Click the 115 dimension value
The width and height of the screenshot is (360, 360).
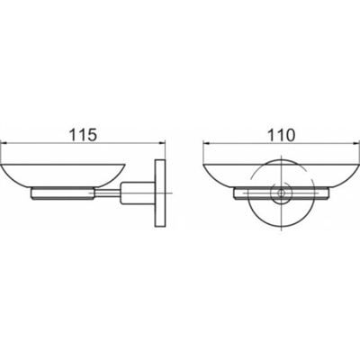coord(84,135)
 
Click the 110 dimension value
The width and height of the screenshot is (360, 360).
coord(281,135)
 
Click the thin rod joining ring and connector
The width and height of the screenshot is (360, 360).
coord(107,193)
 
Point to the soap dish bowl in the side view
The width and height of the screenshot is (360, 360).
coord(62,175)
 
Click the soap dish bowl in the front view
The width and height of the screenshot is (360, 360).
coord(282,175)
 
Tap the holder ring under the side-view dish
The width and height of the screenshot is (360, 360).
coord(63,193)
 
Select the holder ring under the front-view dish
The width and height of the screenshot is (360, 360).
coord(282,193)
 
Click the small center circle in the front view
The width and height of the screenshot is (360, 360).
coord(281,193)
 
